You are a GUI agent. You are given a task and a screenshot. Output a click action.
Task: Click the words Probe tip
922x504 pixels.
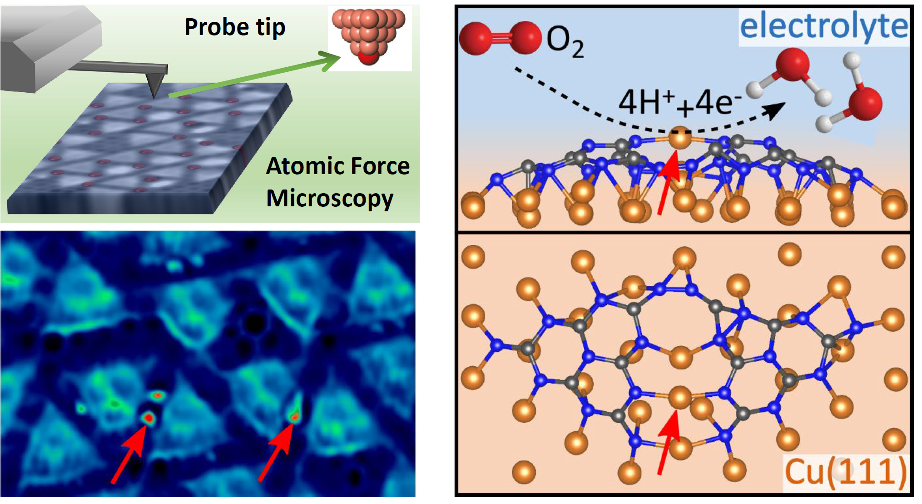[235, 27]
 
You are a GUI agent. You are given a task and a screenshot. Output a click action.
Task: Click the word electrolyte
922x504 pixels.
[823, 26]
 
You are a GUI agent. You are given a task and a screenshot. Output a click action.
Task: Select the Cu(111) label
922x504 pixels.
[845, 472]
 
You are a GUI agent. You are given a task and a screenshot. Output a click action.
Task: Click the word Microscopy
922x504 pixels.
[329, 199]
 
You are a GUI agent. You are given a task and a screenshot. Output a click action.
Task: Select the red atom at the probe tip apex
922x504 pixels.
[368, 58]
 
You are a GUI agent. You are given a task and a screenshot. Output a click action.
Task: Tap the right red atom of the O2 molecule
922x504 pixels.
[525, 37]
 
